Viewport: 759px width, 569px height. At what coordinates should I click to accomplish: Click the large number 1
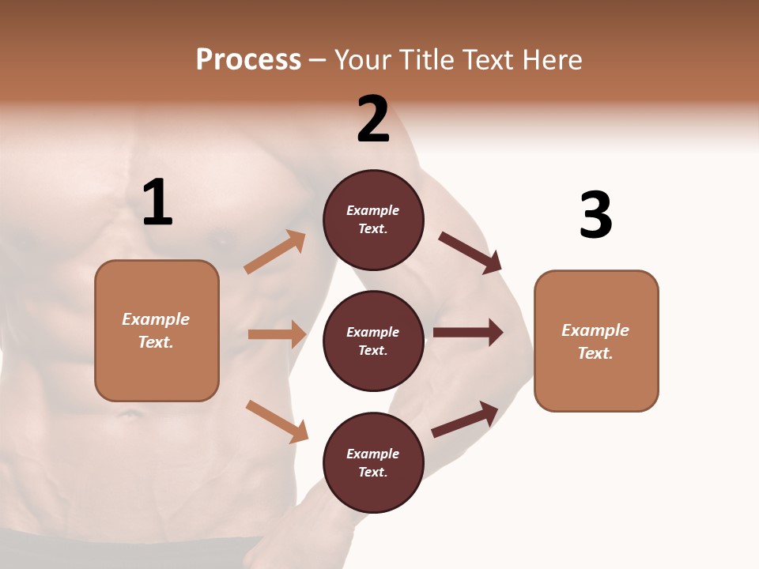coord(157,202)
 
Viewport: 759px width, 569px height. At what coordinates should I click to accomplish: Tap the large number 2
coord(373,119)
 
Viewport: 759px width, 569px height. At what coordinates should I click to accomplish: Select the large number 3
coord(596,215)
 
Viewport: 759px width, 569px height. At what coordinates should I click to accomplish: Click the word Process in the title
coord(248,59)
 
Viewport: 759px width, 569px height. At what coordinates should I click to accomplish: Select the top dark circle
coord(373,220)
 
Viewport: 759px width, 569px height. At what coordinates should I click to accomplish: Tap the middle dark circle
coord(373,341)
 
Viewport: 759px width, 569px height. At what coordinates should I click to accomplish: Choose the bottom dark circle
coord(373,462)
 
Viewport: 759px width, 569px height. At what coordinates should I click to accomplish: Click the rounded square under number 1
coord(157,330)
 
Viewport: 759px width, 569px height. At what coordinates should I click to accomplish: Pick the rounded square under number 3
coord(596,341)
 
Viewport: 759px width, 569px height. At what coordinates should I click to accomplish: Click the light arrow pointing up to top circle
coord(275,252)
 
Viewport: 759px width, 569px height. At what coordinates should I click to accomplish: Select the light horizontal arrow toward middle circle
coord(277,334)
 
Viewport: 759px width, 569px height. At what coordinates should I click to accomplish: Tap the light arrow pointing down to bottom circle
coord(277,420)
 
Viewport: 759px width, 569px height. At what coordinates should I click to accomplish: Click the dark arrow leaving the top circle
coord(470,252)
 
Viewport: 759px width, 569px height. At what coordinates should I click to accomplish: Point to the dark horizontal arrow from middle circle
coord(467,333)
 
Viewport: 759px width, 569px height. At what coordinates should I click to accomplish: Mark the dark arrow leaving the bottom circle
coord(465,419)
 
